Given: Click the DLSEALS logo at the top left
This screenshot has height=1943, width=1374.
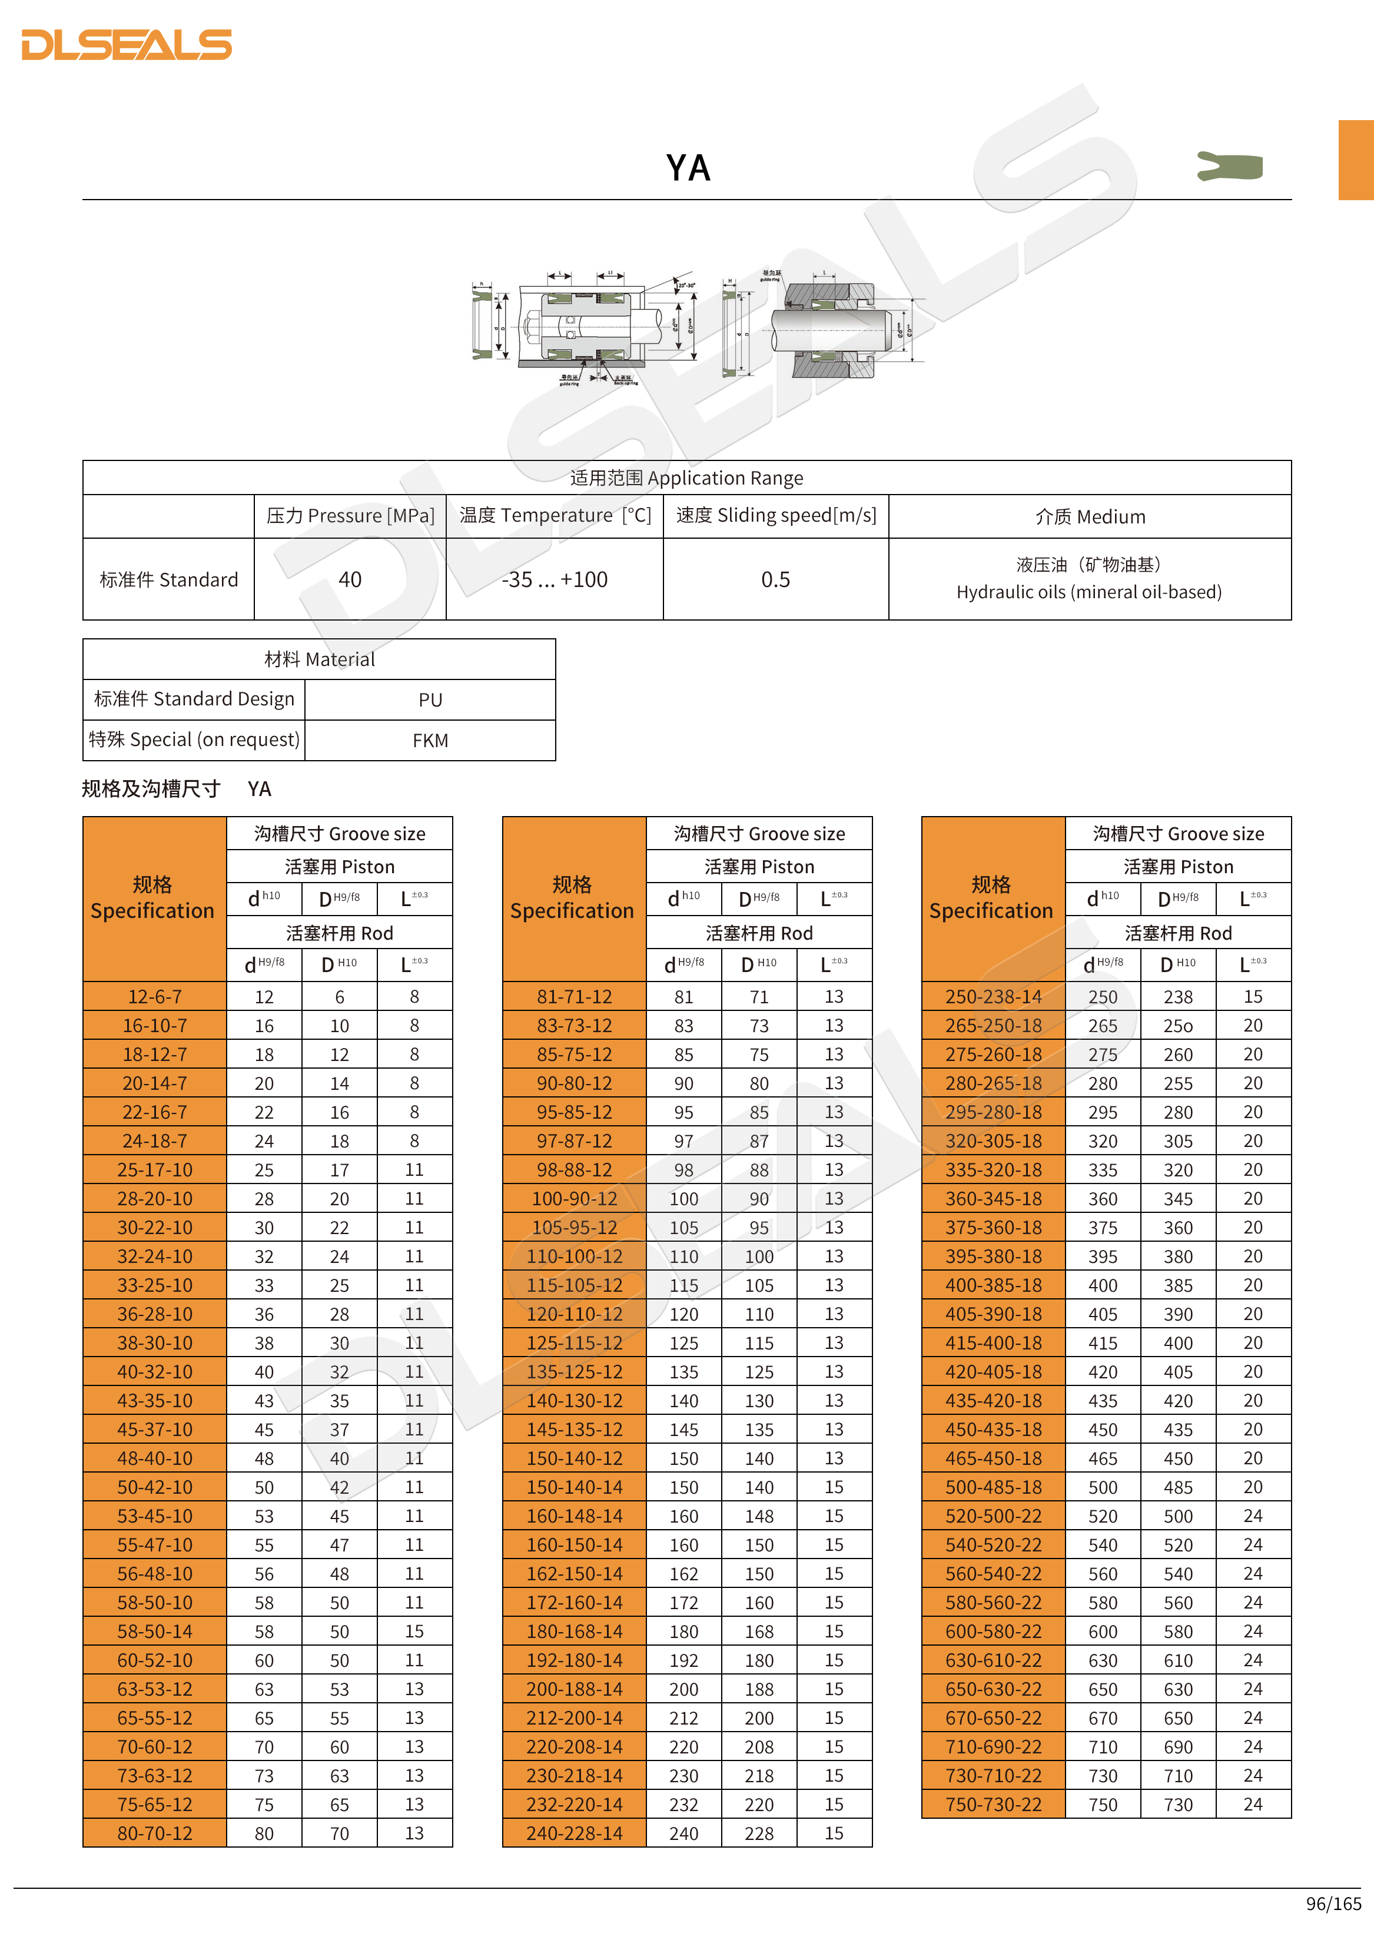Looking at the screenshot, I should point(127,45).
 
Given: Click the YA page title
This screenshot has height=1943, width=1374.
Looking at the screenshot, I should point(687,168).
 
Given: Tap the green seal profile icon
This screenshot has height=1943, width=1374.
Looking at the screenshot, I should point(1229,166).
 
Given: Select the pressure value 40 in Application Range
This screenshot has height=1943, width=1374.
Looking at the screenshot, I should point(350,580).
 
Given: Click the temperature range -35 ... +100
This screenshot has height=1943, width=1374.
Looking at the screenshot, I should point(554,580).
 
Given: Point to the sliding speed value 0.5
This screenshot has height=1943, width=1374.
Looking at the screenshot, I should point(775,580).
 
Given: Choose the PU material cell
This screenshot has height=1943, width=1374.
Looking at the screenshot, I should point(430,700).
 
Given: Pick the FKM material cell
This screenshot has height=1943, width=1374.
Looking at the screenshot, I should point(430,741).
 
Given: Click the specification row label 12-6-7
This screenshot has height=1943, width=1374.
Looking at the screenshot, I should point(155,997).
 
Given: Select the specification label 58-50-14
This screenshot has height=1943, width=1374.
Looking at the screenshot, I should point(155,1632).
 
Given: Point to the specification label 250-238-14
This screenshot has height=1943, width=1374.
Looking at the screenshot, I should point(993,997).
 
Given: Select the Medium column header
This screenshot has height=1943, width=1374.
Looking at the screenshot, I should point(1090,517).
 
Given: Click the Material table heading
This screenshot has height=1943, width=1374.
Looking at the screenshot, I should point(319,659).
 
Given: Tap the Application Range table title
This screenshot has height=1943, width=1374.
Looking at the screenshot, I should point(686,478).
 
